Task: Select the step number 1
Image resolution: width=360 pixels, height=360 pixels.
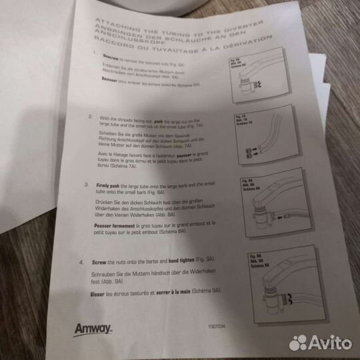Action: (95, 57)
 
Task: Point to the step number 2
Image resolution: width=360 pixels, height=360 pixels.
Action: (91, 116)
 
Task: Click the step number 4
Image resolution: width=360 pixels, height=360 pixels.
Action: (81, 263)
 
